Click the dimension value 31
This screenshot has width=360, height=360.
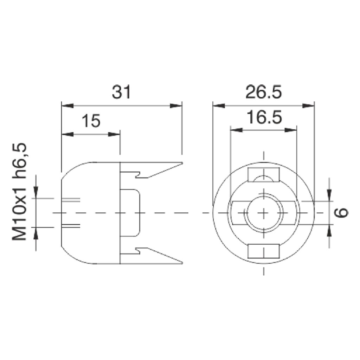[x=121, y=92]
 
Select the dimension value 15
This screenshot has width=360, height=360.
[x=91, y=121]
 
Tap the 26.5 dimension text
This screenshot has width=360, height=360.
[x=264, y=92]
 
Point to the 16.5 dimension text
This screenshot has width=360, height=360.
[x=264, y=117]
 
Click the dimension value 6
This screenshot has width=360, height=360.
[x=341, y=212]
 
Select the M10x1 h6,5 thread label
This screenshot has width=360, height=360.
[x=19, y=192]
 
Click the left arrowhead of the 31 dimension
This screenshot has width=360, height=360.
[x=67, y=106]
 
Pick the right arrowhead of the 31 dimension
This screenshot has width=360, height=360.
[x=176, y=106]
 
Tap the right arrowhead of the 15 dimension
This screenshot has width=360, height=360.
[x=114, y=134]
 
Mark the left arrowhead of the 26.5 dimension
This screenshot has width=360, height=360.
[x=219, y=106]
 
